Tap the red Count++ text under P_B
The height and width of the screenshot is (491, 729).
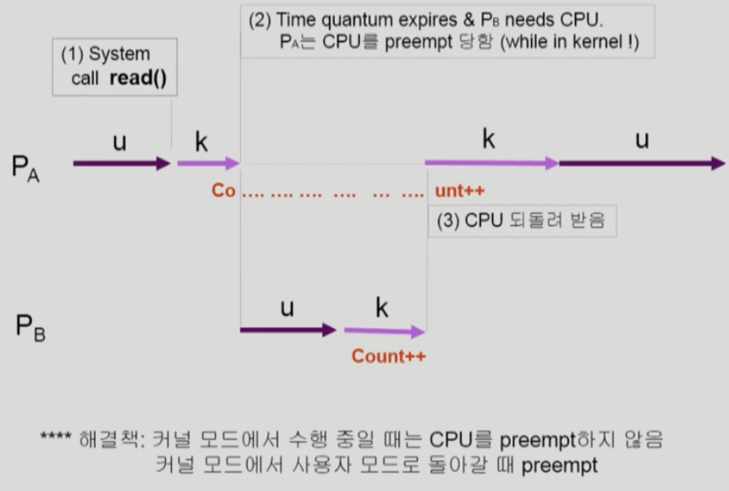pyautogui.click(x=389, y=356)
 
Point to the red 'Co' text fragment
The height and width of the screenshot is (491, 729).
pyautogui.click(x=223, y=190)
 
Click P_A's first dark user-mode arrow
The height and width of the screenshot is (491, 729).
pyautogui.click(x=122, y=163)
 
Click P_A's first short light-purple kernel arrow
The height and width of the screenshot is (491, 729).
pyautogui.click(x=208, y=163)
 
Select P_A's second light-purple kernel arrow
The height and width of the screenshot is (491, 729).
pyautogui.click(x=491, y=163)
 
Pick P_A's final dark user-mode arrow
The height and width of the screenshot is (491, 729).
pyautogui.click(x=641, y=163)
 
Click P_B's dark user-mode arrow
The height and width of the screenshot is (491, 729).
pyautogui.click(x=288, y=329)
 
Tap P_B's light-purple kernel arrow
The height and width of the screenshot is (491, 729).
pyautogui.click(x=384, y=330)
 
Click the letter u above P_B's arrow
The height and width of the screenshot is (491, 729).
pyautogui.click(x=288, y=308)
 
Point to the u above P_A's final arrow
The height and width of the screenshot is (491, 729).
pyautogui.click(x=642, y=139)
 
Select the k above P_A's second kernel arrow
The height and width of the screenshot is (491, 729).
pyautogui.click(x=488, y=139)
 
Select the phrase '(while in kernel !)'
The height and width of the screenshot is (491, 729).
pyautogui.click(x=571, y=42)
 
